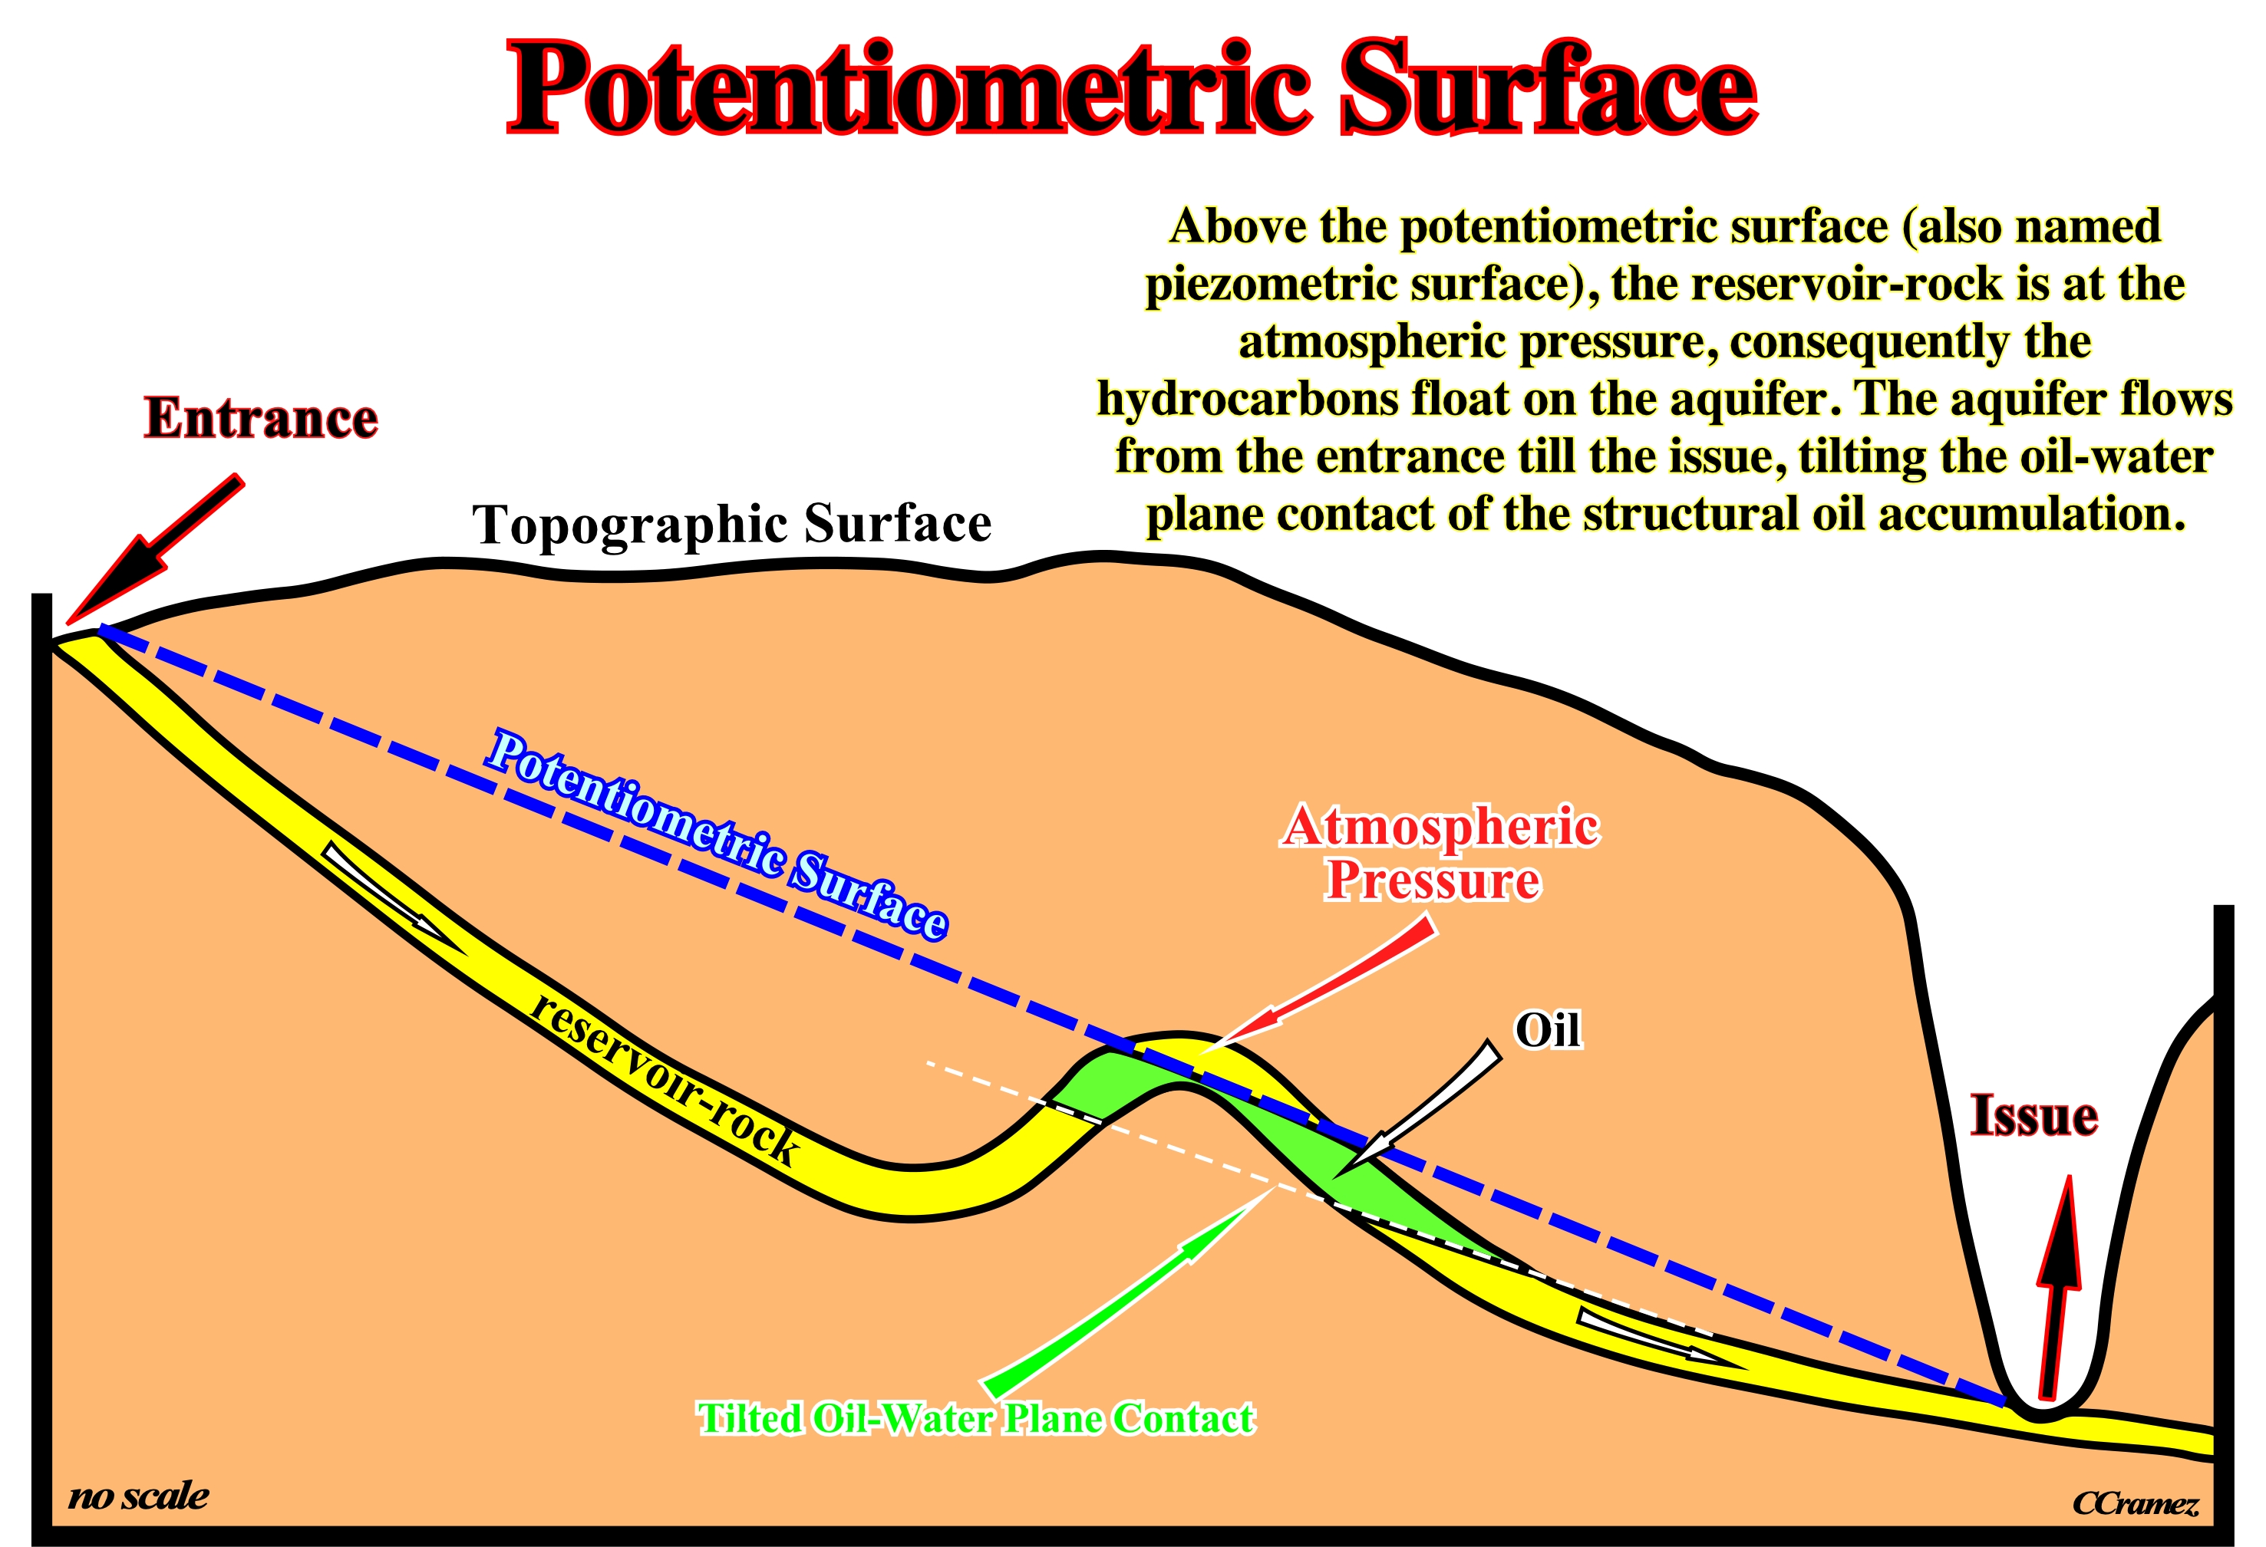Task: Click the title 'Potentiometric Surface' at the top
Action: (1131, 90)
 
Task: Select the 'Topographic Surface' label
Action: (731, 525)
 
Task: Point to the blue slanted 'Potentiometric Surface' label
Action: (717, 834)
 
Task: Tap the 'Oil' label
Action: (1548, 1029)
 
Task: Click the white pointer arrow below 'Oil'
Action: (1419, 1107)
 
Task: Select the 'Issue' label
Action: (2034, 1115)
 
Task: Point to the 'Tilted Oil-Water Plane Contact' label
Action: (976, 1418)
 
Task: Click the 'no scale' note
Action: (138, 1496)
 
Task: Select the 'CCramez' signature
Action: (2136, 1505)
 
